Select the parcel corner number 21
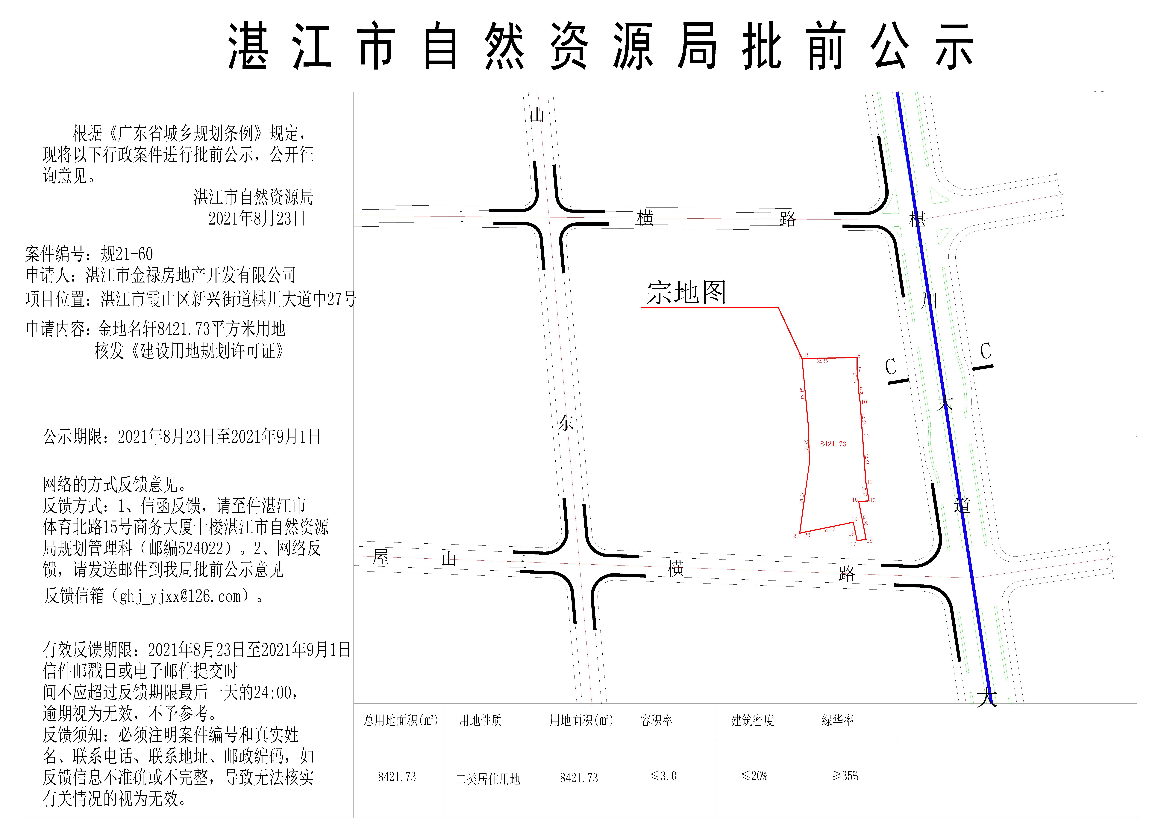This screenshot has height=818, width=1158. coord(796,536)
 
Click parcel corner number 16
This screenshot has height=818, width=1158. coord(869,541)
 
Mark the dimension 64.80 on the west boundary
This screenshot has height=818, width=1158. coord(801,393)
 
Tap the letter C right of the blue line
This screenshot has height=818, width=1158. coord(985,351)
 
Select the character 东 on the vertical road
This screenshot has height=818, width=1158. coord(565,423)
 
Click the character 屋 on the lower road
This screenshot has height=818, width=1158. coord(381,557)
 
